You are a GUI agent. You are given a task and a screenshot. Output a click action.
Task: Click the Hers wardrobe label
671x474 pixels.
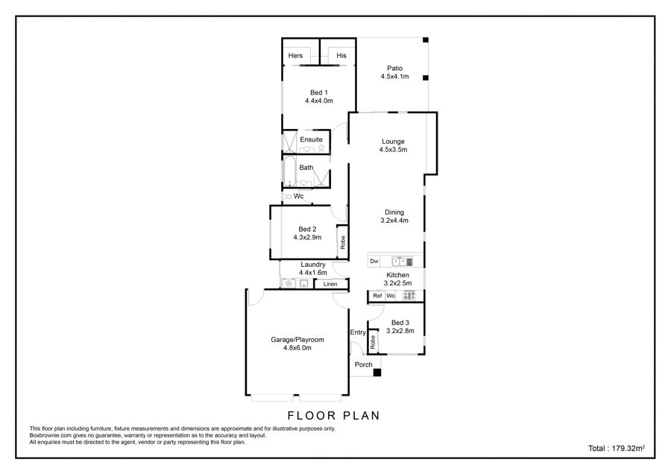295,56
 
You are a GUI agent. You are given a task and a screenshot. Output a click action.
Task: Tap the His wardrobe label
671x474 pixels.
341,56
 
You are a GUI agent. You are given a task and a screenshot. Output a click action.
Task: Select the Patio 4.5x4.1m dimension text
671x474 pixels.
394,77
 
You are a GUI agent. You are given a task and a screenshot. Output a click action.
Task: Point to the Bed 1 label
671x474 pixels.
319,92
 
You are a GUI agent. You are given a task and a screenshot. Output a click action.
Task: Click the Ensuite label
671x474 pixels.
311,139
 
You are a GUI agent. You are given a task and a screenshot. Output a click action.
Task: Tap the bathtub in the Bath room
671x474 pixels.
289,171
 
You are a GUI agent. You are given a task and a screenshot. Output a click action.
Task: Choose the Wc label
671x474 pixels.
298,196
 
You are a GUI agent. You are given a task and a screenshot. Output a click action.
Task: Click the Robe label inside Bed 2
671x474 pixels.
342,242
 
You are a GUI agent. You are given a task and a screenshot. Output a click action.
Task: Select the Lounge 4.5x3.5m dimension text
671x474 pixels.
393,150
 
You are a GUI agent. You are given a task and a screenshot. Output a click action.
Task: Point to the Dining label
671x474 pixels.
394,212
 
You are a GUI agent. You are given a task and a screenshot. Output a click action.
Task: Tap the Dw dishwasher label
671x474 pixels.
374,261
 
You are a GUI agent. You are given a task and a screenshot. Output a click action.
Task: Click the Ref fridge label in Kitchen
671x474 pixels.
377,296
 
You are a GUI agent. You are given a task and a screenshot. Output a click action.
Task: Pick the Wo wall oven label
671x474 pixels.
391,296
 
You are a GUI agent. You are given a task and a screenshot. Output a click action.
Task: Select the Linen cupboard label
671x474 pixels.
330,284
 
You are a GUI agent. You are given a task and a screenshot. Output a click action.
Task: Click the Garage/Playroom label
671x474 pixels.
297,340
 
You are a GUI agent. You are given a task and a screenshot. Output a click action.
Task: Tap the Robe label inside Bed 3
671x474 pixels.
373,342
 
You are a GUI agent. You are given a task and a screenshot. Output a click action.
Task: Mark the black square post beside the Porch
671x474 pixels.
377,373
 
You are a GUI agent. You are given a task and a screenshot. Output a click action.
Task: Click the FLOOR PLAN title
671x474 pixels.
333,415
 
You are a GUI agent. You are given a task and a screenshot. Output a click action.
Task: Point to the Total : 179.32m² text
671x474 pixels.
617,449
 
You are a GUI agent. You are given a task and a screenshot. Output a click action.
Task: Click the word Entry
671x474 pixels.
358,332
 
